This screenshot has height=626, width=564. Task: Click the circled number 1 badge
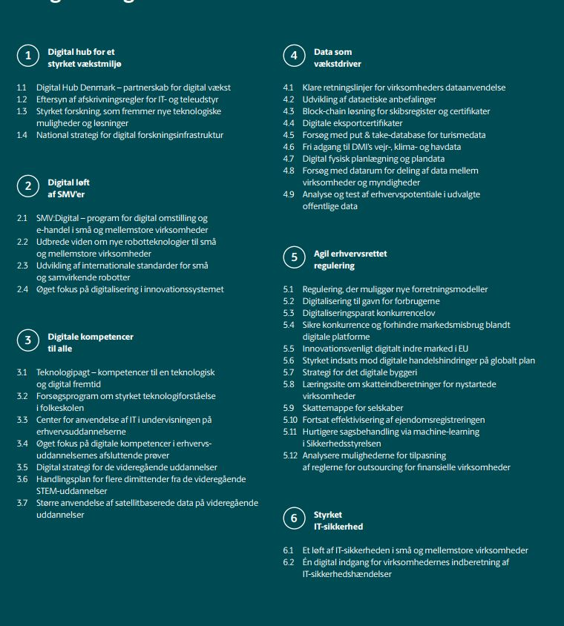click(28, 57)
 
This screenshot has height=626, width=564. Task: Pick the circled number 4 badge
click(294, 57)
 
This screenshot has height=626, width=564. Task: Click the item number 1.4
click(22, 135)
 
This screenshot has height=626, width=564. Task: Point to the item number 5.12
click(290, 455)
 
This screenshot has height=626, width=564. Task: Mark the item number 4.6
click(289, 147)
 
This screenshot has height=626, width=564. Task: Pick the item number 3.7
click(22, 503)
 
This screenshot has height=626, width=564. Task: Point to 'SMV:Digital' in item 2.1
click(59, 218)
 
